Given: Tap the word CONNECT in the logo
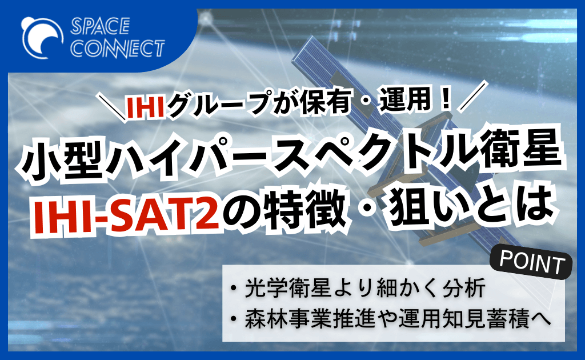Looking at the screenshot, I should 118,48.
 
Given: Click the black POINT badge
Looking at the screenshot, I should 531,263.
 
